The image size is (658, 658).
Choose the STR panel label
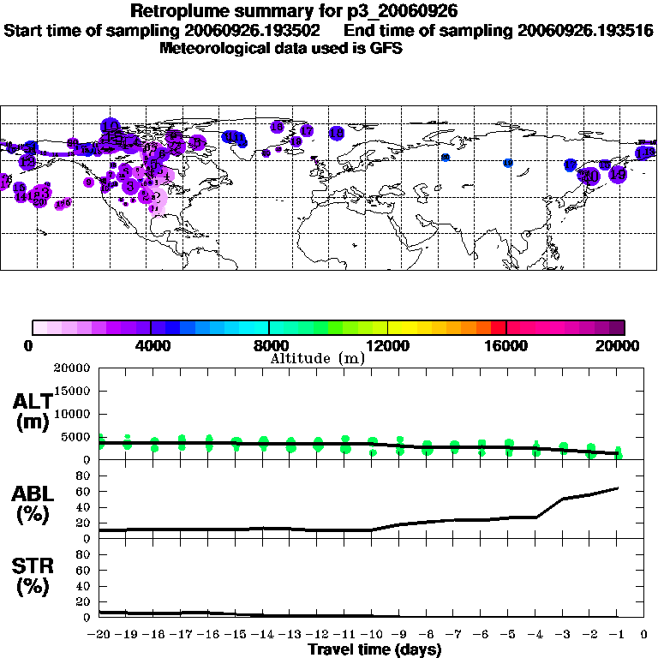[x=33, y=577]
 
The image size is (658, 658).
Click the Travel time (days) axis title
[x=374, y=650]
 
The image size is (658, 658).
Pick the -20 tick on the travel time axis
[x=100, y=634]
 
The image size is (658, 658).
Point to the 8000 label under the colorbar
[x=269, y=346]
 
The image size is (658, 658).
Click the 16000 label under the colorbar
[x=506, y=346]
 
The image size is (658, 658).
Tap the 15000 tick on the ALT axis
[x=73, y=391]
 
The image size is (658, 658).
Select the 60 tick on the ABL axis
[x=84, y=491]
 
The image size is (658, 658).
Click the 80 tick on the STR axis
[x=84, y=554]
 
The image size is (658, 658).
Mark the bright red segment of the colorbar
[x=499, y=326]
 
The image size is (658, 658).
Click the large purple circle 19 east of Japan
[x=618, y=175]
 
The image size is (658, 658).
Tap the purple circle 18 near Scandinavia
[x=337, y=133]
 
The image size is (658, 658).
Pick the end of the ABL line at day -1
[x=618, y=488]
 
